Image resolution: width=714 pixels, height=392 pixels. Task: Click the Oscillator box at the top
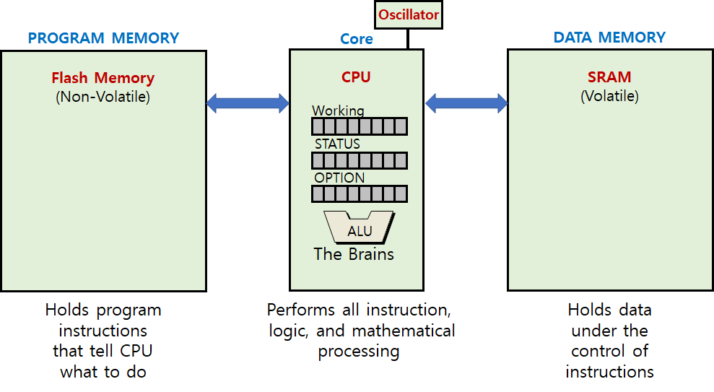(x=407, y=14)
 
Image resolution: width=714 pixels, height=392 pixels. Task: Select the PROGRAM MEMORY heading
(x=103, y=38)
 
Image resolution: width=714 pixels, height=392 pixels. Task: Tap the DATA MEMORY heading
(x=609, y=38)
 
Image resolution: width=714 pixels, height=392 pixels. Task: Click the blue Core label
(x=357, y=39)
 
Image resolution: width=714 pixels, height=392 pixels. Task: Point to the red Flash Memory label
(x=103, y=78)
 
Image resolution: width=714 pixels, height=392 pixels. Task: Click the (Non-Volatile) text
(x=103, y=96)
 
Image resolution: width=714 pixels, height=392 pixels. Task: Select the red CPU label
(x=356, y=77)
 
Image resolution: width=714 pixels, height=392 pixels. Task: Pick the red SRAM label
(x=609, y=77)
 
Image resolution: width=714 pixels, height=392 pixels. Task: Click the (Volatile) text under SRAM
(x=609, y=95)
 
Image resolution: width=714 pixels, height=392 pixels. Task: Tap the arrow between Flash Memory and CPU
(x=248, y=103)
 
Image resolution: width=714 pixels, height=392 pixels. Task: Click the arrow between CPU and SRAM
(x=466, y=103)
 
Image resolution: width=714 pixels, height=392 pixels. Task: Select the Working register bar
(x=359, y=126)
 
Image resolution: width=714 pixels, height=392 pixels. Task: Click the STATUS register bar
(x=359, y=160)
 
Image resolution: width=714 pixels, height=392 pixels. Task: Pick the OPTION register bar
(x=359, y=193)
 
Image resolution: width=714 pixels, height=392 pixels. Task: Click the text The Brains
(x=354, y=254)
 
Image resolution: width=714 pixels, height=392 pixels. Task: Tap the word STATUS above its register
(x=337, y=144)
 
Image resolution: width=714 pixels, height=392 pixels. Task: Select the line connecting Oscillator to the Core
(x=407, y=39)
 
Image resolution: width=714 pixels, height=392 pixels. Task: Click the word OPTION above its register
(x=339, y=178)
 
